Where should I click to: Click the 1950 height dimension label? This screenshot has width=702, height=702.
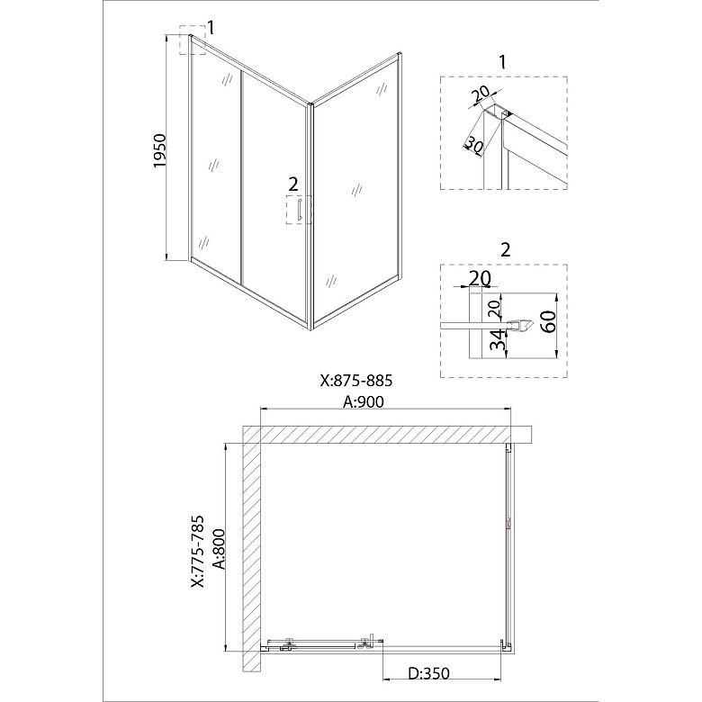click(160, 150)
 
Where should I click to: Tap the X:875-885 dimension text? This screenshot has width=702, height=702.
click(356, 381)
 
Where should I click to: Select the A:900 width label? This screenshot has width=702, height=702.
click(364, 401)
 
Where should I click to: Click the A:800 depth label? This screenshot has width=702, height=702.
click(220, 549)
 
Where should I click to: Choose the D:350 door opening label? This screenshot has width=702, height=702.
click(428, 673)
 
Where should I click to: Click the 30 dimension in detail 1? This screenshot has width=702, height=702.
click(473, 146)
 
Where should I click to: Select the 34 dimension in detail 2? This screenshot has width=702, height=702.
click(496, 340)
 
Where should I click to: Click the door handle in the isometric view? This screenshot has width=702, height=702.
click(298, 210)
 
